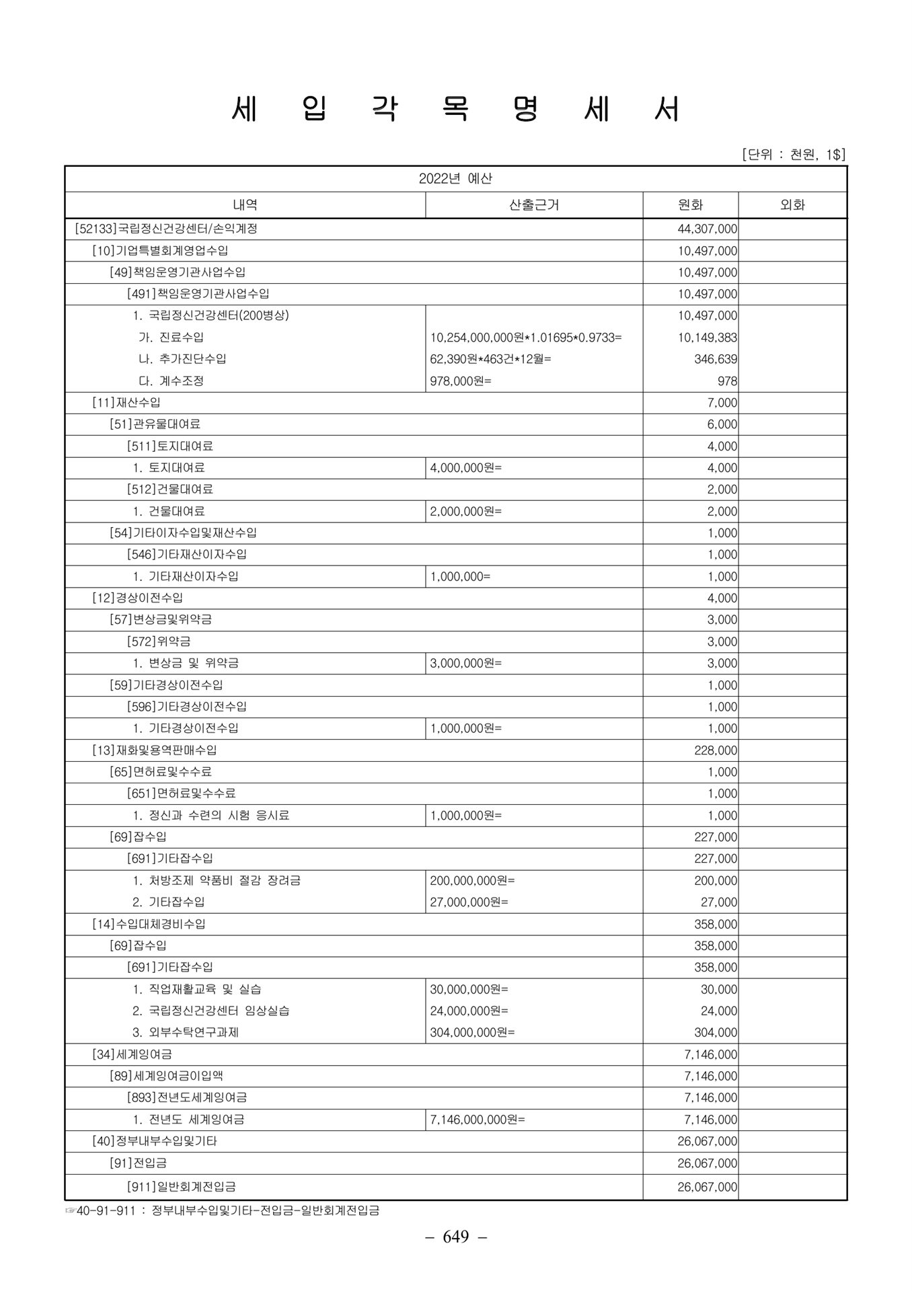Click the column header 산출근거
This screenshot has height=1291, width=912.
pyautogui.click(x=534, y=205)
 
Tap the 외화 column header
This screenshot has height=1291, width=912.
pyautogui.click(x=792, y=205)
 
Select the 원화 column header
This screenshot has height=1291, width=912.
pyautogui.click(x=691, y=205)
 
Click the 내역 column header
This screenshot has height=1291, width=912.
pyautogui.click(x=245, y=205)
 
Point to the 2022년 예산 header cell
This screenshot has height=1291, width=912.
pyautogui.click(x=455, y=179)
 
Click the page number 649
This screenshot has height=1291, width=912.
pyautogui.click(x=455, y=1237)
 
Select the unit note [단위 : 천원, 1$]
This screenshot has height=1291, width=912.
pyautogui.click(x=793, y=155)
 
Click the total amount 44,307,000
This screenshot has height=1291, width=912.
pyautogui.click(x=707, y=229)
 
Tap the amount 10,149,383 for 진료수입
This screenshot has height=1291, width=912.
pyautogui.click(x=707, y=338)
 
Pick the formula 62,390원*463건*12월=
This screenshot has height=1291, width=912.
pyautogui.click(x=490, y=359)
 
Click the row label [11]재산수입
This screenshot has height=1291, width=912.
pyautogui.click(x=126, y=403)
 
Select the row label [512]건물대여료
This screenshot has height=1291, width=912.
pyautogui.click(x=170, y=490)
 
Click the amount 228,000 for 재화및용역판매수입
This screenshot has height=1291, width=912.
pyautogui.click(x=716, y=750)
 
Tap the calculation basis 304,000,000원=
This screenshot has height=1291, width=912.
pyautogui.click(x=472, y=1033)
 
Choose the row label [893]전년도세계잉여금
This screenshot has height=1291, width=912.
pyautogui.click(x=187, y=1097)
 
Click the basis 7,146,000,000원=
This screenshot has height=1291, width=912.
pyautogui.click(x=478, y=1120)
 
